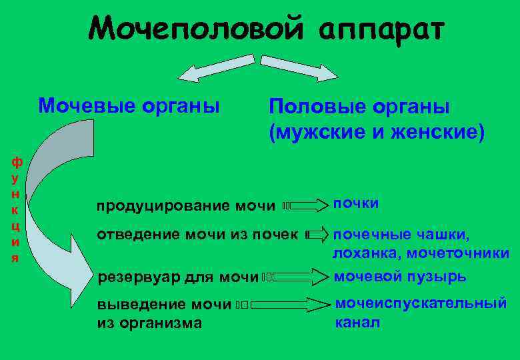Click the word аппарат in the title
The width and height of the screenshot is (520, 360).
coord(381,29)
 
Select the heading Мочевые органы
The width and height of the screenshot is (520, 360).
coord(129,105)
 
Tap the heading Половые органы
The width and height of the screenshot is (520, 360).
coord(359,107)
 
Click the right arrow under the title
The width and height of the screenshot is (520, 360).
coord(299,67)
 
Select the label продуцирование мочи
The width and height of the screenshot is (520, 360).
coord(186,206)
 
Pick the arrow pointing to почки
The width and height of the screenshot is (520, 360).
coord(304,206)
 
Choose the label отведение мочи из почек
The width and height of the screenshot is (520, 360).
coord(197,235)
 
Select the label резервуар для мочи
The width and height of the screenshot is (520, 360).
coord(178,277)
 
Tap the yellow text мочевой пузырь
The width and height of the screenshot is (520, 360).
coord(399,276)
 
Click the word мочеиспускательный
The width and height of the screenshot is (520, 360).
coord(421,303)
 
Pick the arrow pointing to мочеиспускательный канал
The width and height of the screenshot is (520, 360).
coord(287,305)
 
